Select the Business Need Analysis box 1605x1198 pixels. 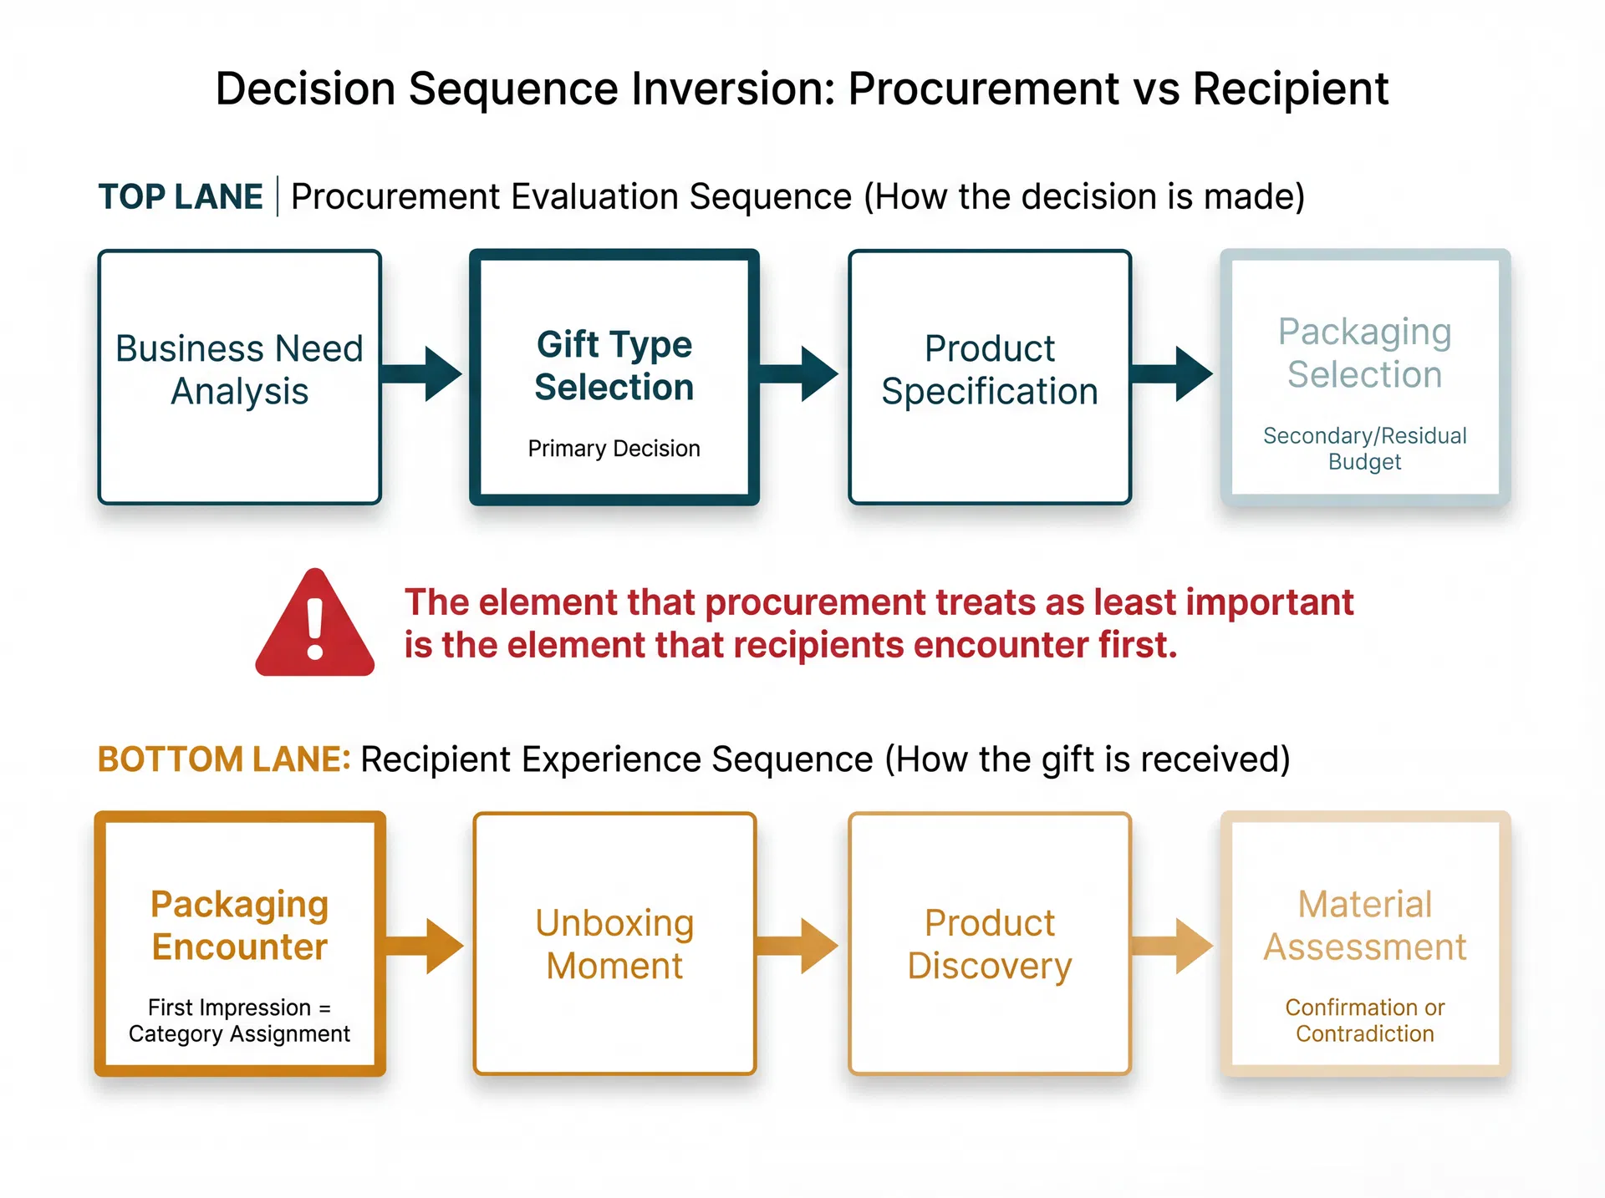[x=240, y=377]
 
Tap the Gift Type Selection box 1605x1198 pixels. [x=614, y=377]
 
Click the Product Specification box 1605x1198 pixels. [x=990, y=377]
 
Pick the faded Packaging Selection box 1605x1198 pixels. [x=1364, y=377]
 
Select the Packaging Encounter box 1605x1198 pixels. [x=240, y=943]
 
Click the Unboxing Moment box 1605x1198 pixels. [x=614, y=943]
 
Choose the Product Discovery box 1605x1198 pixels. [x=990, y=943]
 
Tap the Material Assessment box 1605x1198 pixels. [x=1364, y=943]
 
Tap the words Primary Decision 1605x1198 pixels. [x=614, y=449]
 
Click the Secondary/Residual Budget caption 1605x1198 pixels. [x=1364, y=449]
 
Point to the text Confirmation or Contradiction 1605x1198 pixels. [x=1364, y=1020]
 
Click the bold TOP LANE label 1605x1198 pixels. [x=181, y=197]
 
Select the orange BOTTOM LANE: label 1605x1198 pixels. [x=224, y=759]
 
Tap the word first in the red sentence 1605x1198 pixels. [x=1136, y=645]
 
